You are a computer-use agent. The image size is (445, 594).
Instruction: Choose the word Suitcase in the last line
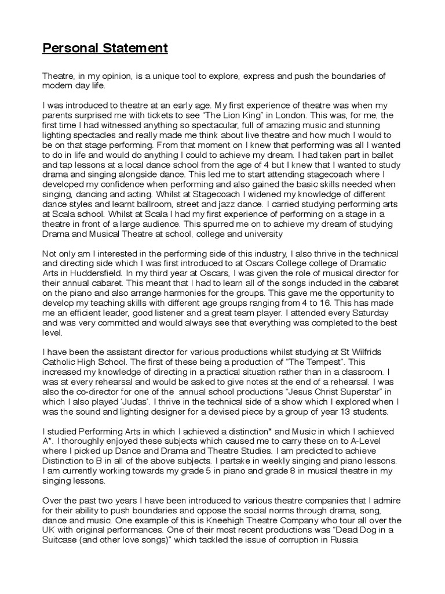[x=64, y=539]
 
